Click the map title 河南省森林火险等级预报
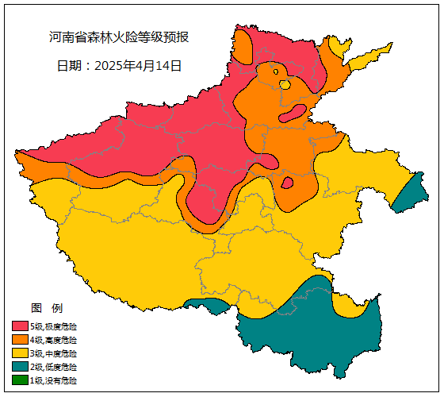click(118, 37)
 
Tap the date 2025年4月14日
click(119, 66)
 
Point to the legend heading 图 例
click(47, 308)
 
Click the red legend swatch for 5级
click(20, 326)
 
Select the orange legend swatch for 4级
click(20, 340)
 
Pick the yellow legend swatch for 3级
click(20, 353)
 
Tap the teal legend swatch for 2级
click(20, 367)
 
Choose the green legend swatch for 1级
click(20, 380)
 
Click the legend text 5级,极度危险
click(54, 326)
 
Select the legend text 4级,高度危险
click(54, 340)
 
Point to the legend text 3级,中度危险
click(54, 353)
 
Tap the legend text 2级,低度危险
click(54, 367)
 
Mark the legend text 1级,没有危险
click(54, 380)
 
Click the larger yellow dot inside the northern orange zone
click(285, 84)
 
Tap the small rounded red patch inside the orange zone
click(288, 183)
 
